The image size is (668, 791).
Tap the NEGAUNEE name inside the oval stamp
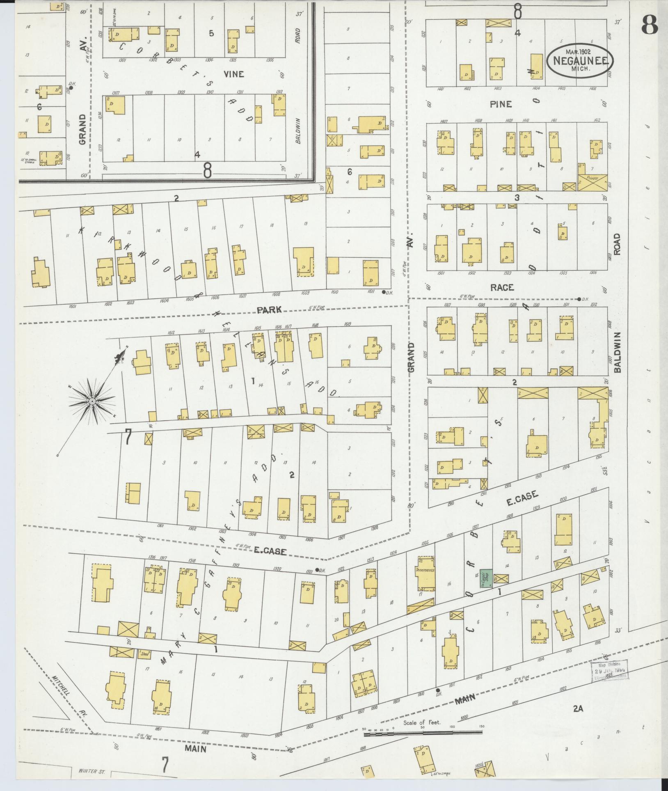580,60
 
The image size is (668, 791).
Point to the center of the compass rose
92,401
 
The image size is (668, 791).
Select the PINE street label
501,104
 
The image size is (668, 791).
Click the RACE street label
502,287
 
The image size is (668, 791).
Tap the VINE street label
234,74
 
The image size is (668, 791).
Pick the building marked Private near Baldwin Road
593,181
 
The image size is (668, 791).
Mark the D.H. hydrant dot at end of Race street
579,299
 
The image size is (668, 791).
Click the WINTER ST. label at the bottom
91,772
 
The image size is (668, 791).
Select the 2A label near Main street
578,708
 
